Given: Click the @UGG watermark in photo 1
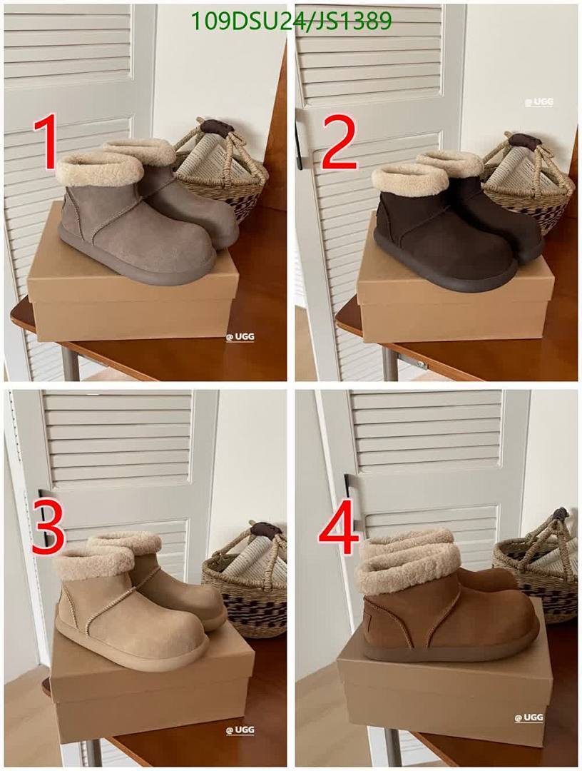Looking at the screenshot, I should [240, 336].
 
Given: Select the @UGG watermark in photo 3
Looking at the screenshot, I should [240, 730].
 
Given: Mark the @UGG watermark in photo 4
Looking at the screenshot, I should [529, 717].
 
